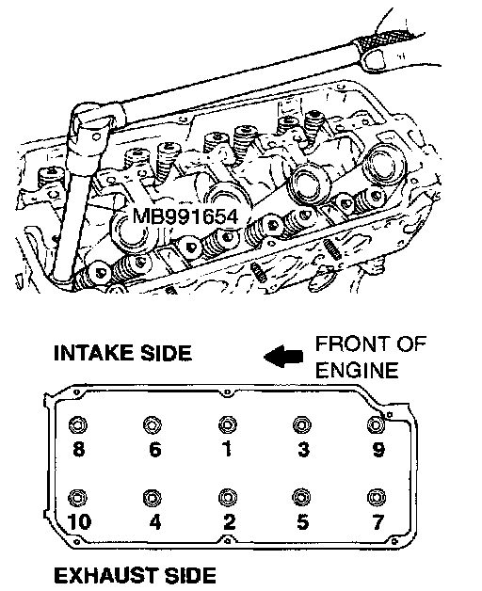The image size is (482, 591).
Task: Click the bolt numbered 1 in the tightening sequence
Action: pos(228,424)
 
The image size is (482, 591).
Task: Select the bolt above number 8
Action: pos(78,425)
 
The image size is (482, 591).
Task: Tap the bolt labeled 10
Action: pos(78,498)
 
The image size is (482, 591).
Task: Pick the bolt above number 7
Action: pos(376,497)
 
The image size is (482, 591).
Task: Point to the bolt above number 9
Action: pos(376,424)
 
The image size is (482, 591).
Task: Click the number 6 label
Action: pos(155,449)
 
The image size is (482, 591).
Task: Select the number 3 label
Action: pos(303,449)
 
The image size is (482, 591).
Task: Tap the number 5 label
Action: pos(303,522)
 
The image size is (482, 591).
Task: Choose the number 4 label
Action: pos(155,522)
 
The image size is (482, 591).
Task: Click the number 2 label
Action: pos(229,522)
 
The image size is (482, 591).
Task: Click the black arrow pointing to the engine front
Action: pos(282,356)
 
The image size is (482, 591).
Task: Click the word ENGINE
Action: pos(357,370)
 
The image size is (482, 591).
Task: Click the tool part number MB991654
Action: pos(185,216)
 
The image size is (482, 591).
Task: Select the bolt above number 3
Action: pos(302,424)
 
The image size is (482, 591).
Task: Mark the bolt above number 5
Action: pos(302,497)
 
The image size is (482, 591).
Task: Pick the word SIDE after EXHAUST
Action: pos(190,576)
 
